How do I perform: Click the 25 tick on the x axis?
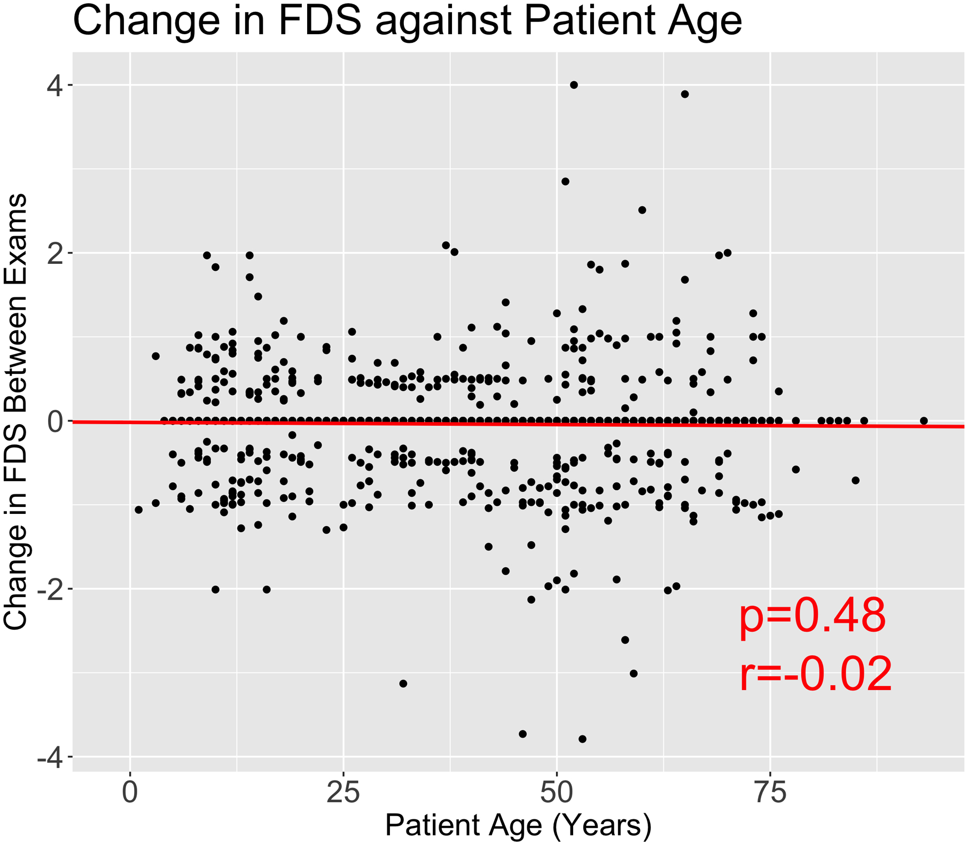(x=343, y=793)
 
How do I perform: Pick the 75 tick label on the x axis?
(x=770, y=793)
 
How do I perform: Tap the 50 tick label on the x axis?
(x=557, y=793)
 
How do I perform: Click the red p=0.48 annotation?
(x=813, y=616)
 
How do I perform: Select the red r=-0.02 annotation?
(x=816, y=675)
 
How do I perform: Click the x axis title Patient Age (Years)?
(x=518, y=825)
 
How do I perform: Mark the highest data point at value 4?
(x=574, y=85)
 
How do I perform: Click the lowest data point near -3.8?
(x=582, y=739)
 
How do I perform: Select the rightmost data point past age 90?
(x=924, y=421)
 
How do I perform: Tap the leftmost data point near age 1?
(x=138, y=510)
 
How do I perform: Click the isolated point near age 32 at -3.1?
(x=403, y=684)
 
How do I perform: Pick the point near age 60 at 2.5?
(x=642, y=210)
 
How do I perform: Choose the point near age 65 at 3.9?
(x=685, y=94)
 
